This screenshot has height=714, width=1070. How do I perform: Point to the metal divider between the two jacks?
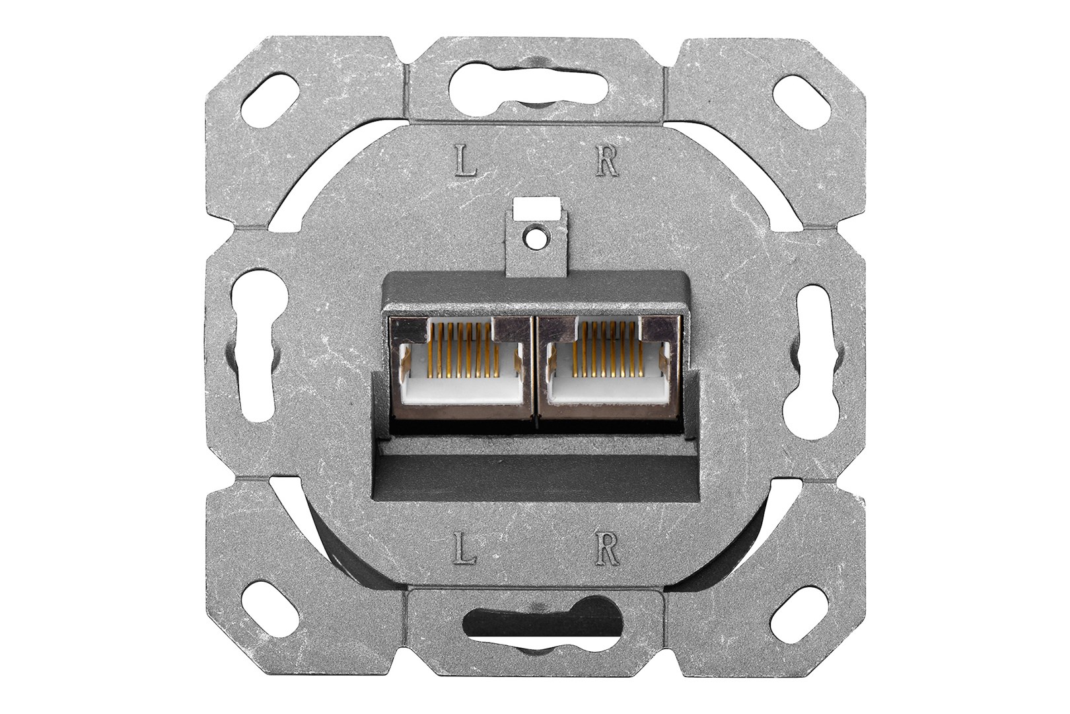click(x=535, y=370)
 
